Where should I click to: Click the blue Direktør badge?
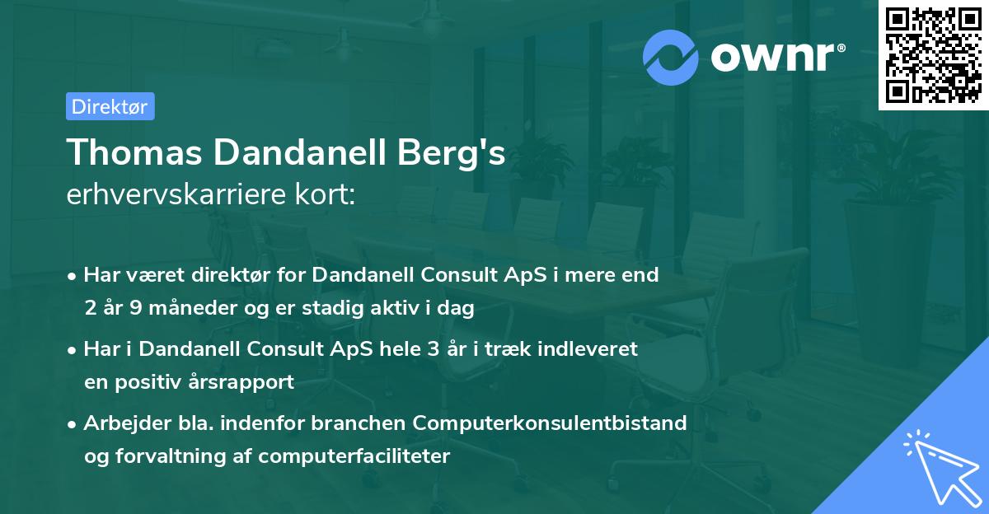pyautogui.click(x=110, y=106)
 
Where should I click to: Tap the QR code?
pyautogui.click(x=932, y=54)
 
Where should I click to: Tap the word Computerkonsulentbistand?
pyautogui.click(x=550, y=423)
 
